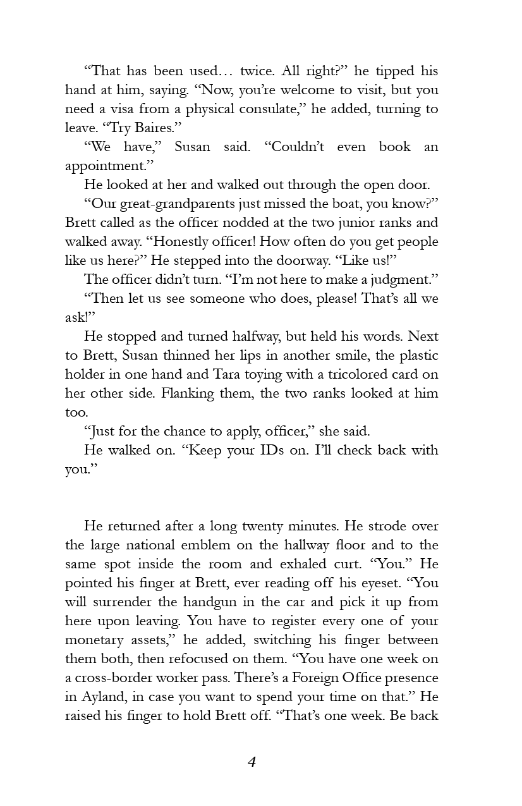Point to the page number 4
tap(252, 762)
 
